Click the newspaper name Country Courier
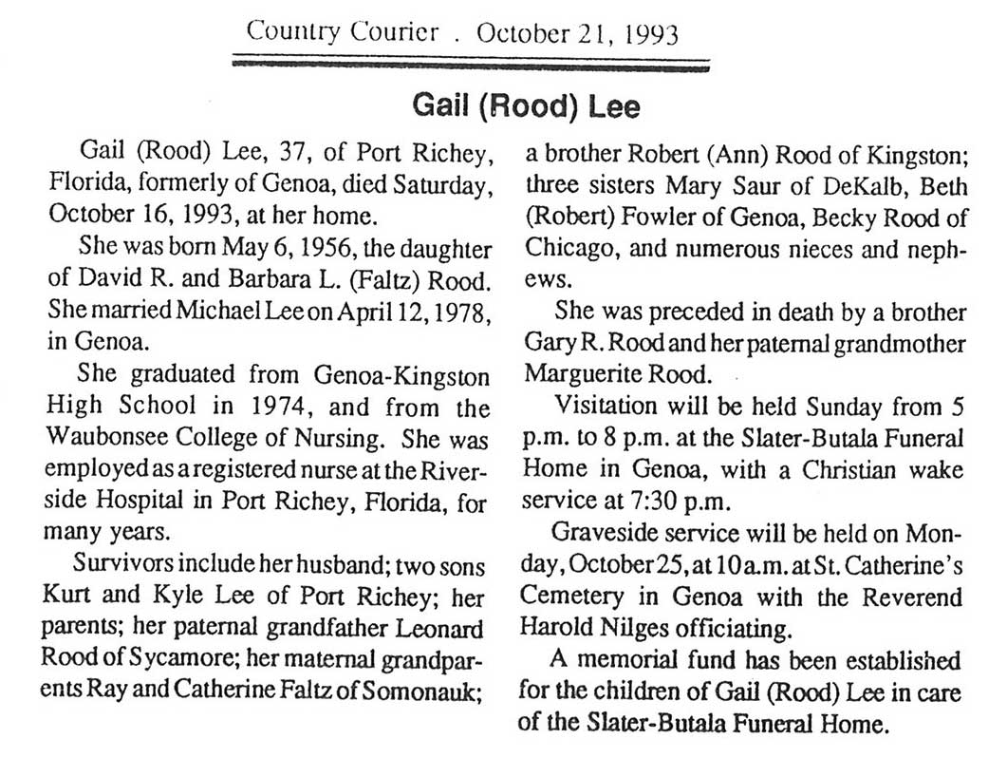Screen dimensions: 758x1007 pos(343,33)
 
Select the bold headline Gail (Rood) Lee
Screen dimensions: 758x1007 pos(526,105)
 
